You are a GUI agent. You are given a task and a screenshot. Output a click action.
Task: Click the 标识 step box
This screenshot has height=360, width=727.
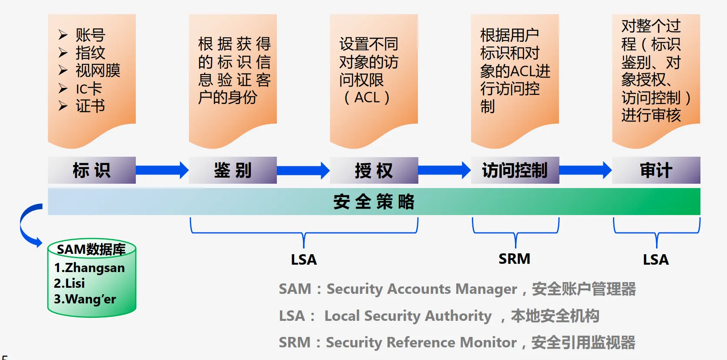91,170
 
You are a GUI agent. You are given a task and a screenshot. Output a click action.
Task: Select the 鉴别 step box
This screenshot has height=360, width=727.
233,170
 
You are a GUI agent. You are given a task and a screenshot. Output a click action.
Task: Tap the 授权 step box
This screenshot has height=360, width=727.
374,170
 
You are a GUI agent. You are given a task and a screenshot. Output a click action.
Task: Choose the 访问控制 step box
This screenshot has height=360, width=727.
515,170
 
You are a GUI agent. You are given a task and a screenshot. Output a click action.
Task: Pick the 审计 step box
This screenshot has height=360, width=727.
656,170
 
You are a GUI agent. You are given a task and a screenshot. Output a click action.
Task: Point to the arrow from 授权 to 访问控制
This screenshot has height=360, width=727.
444,170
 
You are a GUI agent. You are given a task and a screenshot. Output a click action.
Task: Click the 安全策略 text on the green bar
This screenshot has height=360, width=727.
374,202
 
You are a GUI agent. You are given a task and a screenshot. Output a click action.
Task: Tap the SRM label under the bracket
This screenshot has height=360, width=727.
515,259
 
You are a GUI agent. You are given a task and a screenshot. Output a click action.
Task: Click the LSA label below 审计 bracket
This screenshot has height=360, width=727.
656,260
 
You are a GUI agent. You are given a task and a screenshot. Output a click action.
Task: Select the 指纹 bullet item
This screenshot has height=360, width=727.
90,53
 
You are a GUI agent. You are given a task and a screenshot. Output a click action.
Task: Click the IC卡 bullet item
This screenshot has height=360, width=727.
89,89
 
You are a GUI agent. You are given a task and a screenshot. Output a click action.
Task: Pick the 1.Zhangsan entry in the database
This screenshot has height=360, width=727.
89,268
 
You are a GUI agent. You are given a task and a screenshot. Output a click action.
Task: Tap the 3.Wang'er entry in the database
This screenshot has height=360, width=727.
85,299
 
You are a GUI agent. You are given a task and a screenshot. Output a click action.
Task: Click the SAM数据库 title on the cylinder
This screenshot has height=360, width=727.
91,249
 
